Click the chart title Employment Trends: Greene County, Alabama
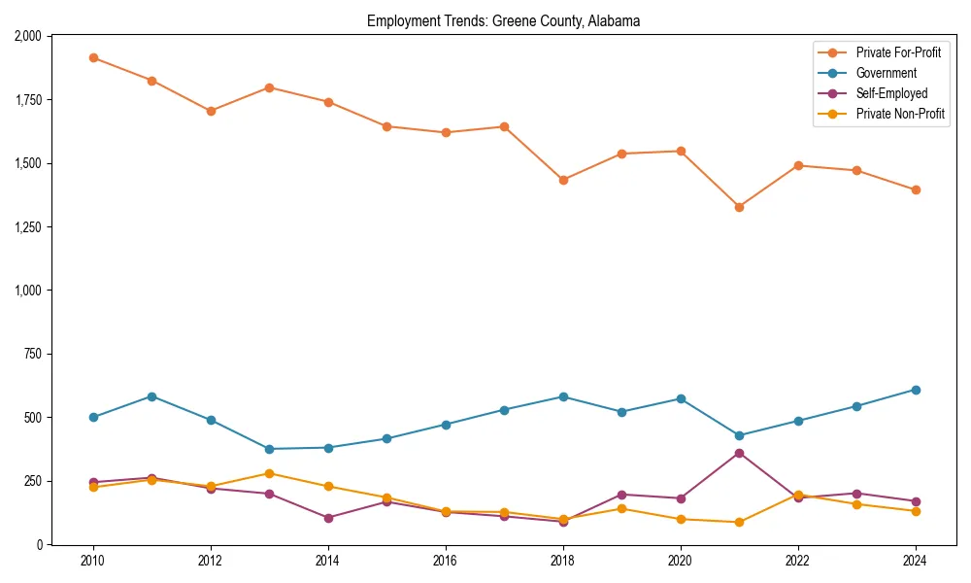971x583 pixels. [503, 21]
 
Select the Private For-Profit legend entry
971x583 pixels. [898, 52]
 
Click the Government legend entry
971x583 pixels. [886, 73]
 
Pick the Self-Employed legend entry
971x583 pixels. [891, 93]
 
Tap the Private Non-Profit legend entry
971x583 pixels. [900, 114]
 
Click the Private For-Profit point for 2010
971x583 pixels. [93, 57]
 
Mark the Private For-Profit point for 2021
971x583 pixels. [739, 207]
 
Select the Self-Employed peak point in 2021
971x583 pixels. [739, 453]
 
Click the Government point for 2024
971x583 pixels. [916, 390]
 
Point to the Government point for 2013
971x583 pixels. [269, 449]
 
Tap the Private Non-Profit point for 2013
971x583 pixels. [269, 473]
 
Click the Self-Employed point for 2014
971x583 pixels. [328, 518]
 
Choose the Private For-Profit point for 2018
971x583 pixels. [563, 180]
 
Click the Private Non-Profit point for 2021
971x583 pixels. [739, 522]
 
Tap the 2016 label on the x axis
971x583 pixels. [446, 561]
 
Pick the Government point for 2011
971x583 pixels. [151, 396]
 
